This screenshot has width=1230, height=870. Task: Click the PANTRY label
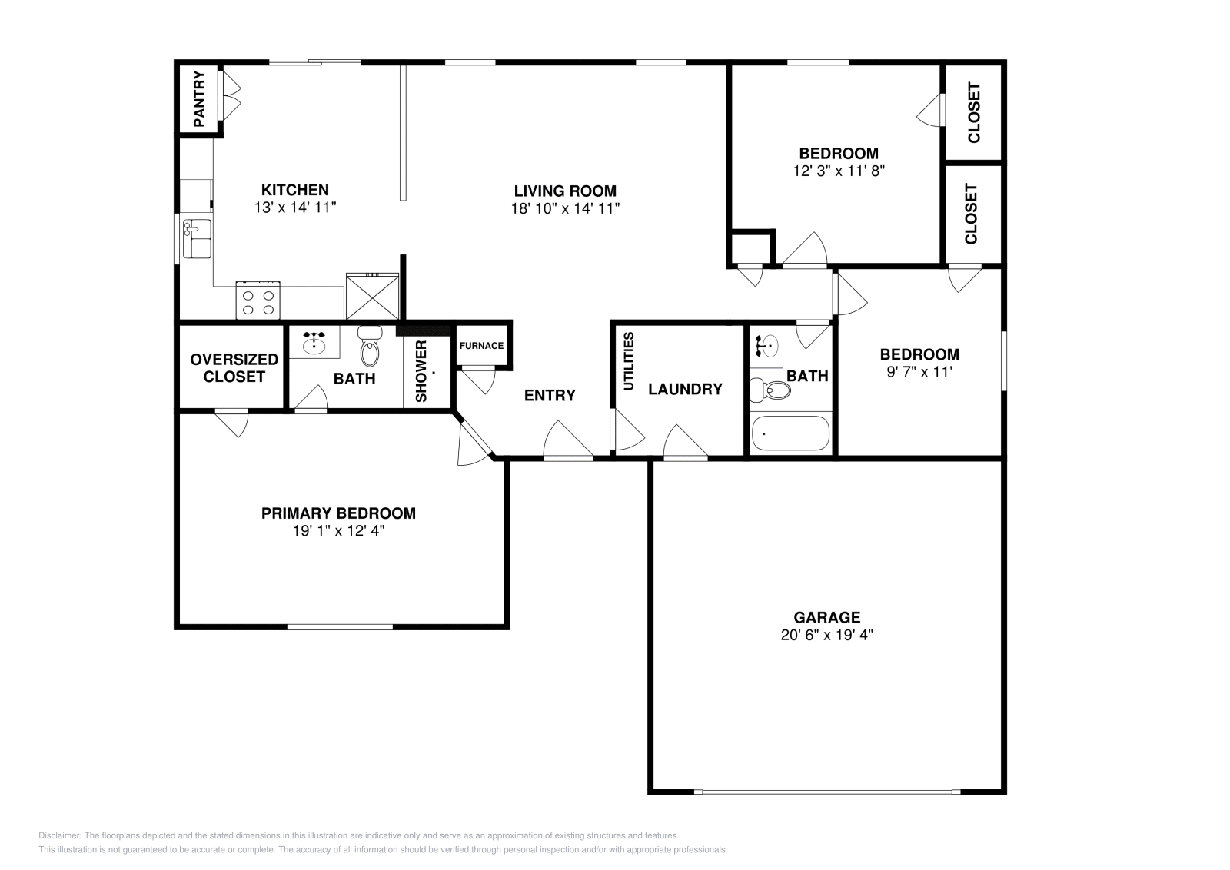199,99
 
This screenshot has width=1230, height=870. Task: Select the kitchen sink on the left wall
198,238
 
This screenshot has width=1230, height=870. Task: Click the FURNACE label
481,346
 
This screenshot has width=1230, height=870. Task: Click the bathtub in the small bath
790,433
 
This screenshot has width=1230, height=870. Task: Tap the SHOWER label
421,371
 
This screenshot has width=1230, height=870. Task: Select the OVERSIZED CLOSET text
234,368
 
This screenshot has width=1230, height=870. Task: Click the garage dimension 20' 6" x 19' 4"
826,635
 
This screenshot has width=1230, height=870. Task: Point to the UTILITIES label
628,361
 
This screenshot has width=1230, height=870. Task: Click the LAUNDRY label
685,389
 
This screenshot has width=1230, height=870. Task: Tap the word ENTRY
550,395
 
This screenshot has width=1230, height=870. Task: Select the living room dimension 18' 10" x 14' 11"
565,208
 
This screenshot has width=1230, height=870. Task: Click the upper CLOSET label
974,112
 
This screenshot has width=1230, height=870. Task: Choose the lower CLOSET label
971,214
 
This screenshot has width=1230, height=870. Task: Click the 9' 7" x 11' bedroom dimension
919,371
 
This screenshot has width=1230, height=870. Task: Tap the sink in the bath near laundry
766,345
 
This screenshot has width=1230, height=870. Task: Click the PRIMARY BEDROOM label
338,513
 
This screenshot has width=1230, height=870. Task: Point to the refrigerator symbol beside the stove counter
372,297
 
